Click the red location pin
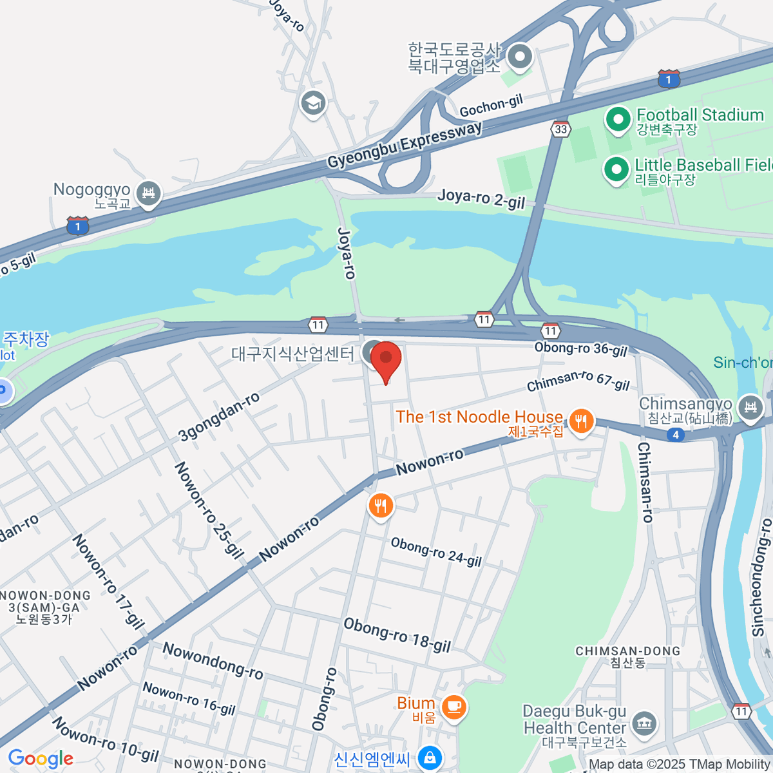(x=386, y=359)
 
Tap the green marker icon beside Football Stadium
(x=618, y=119)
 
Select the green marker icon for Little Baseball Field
(x=616, y=170)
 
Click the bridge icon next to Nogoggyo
(x=149, y=193)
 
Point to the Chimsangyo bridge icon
(x=750, y=408)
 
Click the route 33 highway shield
(x=561, y=129)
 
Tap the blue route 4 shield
(x=675, y=435)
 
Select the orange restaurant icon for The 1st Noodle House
(x=581, y=422)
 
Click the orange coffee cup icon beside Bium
(x=455, y=706)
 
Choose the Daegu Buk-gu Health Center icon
(x=644, y=723)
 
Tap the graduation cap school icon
(x=313, y=103)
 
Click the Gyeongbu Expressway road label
(x=405, y=145)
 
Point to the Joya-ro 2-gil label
(x=481, y=198)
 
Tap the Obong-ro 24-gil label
(x=436, y=552)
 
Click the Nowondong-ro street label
(x=213, y=661)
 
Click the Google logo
(x=41, y=759)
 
